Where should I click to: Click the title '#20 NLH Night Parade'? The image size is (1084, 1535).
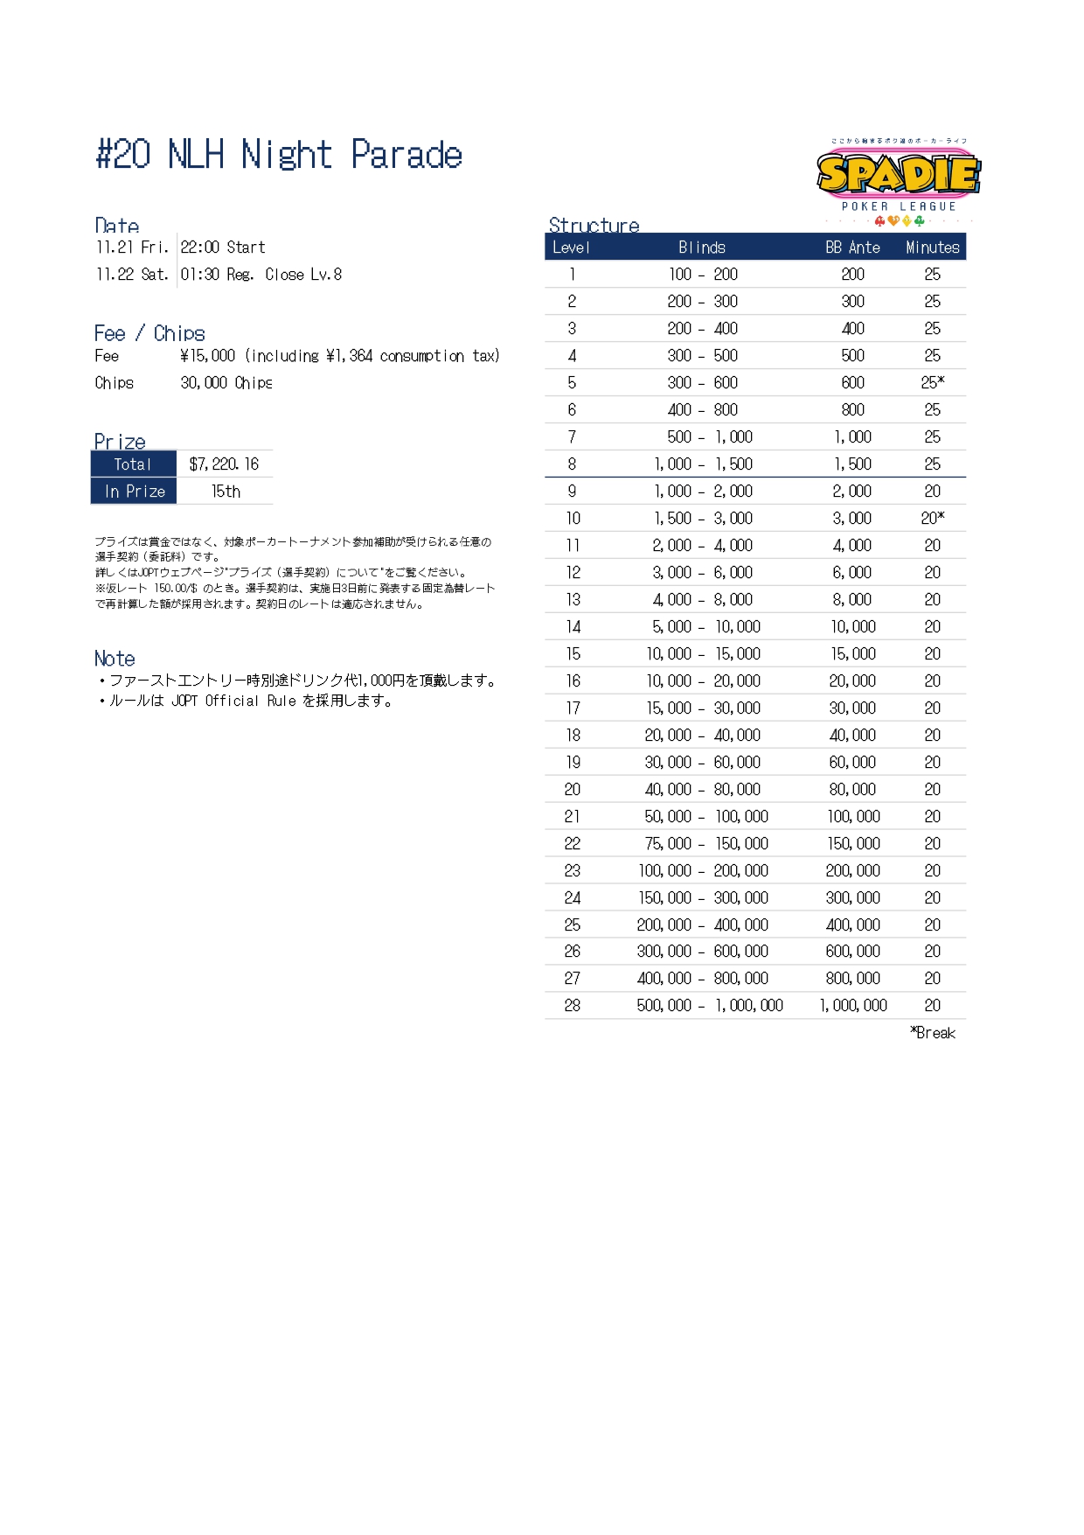coord(279,155)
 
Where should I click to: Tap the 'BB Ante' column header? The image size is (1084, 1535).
coord(852,248)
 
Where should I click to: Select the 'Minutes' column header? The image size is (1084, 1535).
coord(932,248)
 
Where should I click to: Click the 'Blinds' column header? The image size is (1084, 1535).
coord(702,248)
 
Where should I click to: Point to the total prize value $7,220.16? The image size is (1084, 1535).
coord(224,464)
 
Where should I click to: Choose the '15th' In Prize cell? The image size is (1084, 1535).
coord(226,492)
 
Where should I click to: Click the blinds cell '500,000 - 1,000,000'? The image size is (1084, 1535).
coord(709,1006)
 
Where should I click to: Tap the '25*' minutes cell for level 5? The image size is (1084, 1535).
coord(932,382)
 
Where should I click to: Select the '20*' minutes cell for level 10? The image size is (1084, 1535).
coord(932,518)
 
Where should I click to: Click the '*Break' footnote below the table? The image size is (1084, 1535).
coord(933,1033)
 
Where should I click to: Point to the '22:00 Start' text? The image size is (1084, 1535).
coord(223,248)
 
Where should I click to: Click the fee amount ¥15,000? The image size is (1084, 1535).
coord(208,356)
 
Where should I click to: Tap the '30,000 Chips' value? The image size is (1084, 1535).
coord(226,383)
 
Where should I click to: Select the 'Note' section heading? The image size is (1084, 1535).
coord(115,659)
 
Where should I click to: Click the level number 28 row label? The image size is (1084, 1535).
coord(572,1006)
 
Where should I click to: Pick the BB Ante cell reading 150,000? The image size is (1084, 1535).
coord(853,843)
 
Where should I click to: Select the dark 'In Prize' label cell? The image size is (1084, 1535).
coord(135,492)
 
